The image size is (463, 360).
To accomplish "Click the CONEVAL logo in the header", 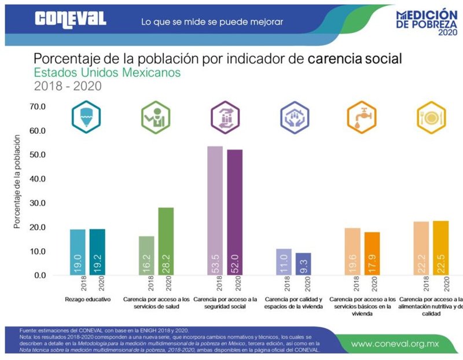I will point(71,19).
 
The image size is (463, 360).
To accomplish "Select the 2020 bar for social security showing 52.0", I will point(235,212).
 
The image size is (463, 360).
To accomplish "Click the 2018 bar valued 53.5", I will point(215,211).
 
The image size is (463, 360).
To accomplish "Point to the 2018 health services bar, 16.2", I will point(146,255).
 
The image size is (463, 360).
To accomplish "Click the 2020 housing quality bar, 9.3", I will point(303,263).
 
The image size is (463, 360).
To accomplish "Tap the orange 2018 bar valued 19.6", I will point(352,251).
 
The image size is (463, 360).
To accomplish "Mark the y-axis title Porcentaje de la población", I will point(17,182).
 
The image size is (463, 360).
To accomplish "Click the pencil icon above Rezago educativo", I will point(84,116).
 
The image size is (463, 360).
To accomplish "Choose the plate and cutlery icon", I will point(431,116).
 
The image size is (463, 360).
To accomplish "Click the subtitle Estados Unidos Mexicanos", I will point(107,73).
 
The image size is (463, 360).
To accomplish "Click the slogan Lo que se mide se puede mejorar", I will point(212,22).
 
